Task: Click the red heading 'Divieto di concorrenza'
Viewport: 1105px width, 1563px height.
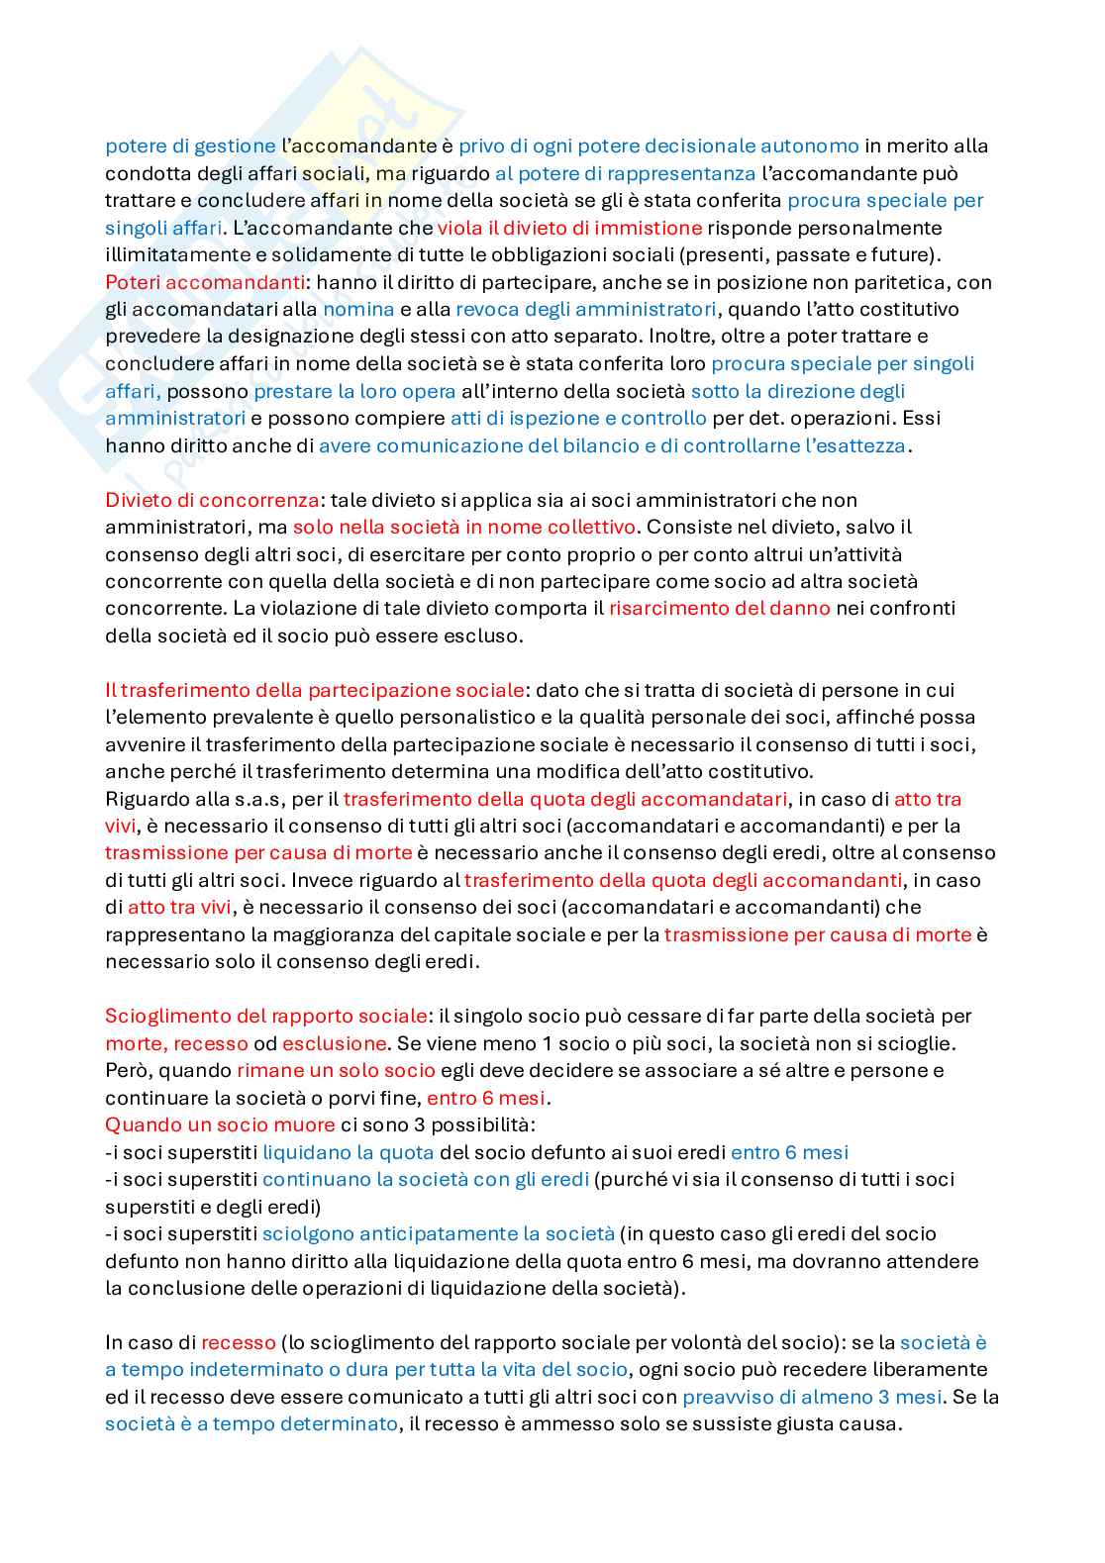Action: pyautogui.click(x=212, y=500)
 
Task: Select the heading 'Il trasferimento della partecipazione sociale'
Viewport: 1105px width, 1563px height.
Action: pyautogui.click(x=314, y=690)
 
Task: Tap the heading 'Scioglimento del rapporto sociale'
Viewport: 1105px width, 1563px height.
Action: pyautogui.click(x=266, y=1016)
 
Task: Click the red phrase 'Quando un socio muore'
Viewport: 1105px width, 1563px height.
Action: pyautogui.click(x=220, y=1124)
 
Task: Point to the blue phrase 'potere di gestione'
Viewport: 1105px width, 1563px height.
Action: pyautogui.click(x=190, y=147)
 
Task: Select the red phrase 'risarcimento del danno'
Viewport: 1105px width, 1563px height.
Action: pyautogui.click(x=719, y=609)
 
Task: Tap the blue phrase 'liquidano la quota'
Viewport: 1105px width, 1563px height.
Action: pyautogui.click(x=348, y=1152)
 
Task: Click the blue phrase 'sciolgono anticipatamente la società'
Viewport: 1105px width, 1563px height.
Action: pyautogui.click(x=438, y=1233)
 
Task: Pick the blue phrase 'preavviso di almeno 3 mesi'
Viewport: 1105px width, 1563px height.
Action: pyautogui.click(x=811, y=1397)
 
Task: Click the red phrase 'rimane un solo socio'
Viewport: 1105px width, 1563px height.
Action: pyautogui.click(x=336, y=1070)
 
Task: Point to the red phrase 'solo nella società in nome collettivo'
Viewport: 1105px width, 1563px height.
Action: pyautogui.click(x=463, y=527)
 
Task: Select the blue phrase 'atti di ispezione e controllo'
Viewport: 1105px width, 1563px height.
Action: pyautogui.click(x=578, y=418)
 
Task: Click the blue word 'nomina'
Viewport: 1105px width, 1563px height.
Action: pyautogui.click(x=358, y=309)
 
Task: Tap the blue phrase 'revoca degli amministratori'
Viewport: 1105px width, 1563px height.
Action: pyautogui.click(x=585, y=309)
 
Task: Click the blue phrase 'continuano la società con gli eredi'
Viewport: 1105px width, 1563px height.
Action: pyautogui.click(x=425, y=1179)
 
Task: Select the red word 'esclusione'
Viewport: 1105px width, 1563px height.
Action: pyautogui.click(x=334, y=1043)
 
